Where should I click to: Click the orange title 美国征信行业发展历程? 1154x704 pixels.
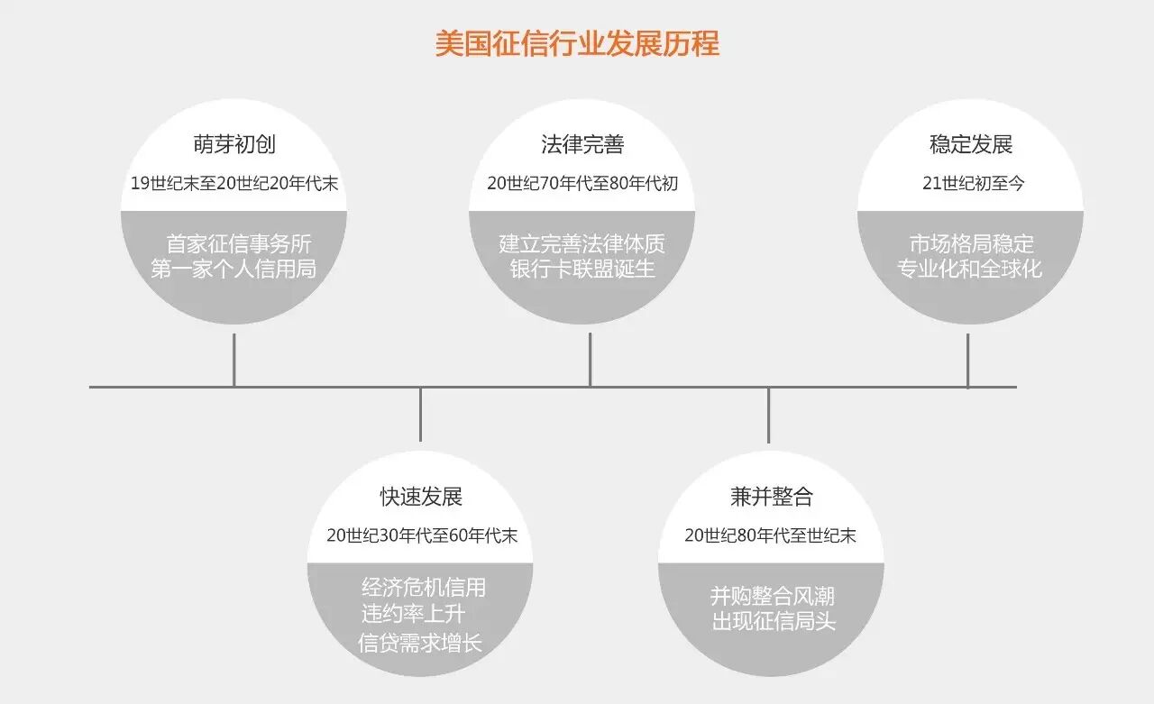(577, 44)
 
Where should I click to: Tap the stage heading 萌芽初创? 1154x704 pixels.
(234, 144)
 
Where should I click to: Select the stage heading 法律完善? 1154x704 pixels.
(582, 144)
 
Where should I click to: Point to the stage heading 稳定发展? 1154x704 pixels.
(970, 144)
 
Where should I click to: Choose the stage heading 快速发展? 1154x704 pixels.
(420, 497)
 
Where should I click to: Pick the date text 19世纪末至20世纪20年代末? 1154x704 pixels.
(234, 183)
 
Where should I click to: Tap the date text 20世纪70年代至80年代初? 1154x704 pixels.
(582, 183)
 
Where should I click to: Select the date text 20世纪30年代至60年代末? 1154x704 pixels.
(422, 535)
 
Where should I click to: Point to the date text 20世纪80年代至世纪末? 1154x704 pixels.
(770, 535)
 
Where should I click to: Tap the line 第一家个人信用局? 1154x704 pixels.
(234, 269)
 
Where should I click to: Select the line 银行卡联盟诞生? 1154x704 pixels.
(582, 269)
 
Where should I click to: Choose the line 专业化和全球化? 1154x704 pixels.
(969, 269)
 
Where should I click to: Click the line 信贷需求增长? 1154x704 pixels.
(420, 644)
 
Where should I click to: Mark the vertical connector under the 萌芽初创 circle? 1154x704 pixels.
(234, 360)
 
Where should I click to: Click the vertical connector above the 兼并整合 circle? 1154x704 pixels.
(768, 415)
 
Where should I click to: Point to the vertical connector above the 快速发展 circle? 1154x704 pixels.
(420, 415)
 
